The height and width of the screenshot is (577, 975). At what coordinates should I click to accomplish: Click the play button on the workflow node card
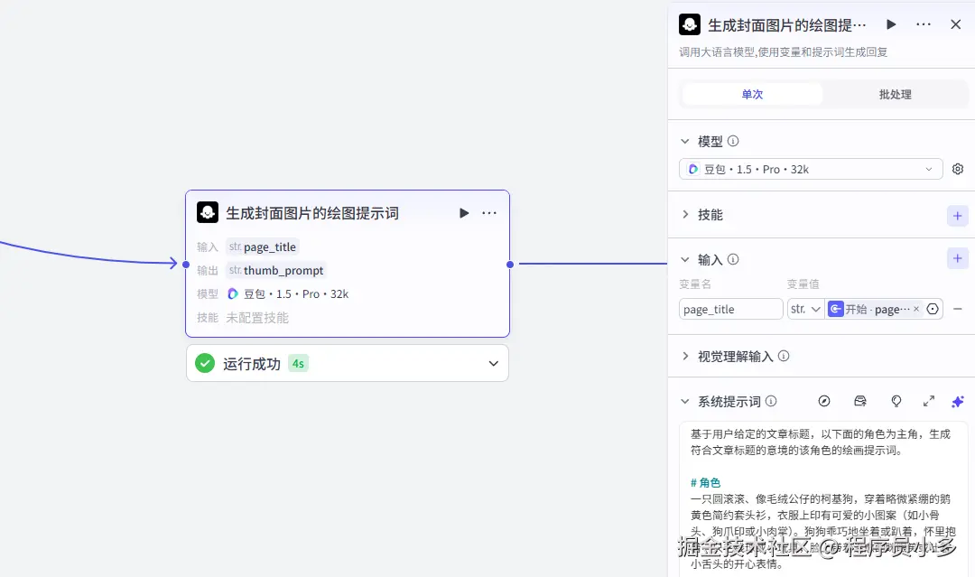(464, 213)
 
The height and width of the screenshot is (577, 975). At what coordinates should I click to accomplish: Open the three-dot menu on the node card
(489, 213)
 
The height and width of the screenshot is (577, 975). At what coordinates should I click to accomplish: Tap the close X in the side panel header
(955, 24)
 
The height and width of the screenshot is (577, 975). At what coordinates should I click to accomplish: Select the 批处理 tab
(895, 94)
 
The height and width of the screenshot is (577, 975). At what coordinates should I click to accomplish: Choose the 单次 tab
(752, 94)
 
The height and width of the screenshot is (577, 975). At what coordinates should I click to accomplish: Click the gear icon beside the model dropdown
(958, 169)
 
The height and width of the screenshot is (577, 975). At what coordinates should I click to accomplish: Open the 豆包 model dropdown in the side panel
(810, 169)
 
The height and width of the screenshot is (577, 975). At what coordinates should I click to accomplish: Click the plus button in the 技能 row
(958, 215)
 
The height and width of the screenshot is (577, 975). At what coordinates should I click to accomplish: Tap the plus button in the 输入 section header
(958, 259)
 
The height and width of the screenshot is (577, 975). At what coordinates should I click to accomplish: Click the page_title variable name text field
(730, 309)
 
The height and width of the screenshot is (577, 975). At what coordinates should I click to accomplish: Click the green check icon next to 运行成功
(205, 363)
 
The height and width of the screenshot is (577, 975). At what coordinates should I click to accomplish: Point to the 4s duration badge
(298, 363)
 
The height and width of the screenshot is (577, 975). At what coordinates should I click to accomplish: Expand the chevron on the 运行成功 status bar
(493, 363)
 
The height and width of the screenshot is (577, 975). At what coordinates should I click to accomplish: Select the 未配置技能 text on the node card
(257, 318)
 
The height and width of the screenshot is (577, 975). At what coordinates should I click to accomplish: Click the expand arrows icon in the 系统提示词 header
(928, 401)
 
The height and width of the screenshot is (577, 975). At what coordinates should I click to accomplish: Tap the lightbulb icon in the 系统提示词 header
(896, 401)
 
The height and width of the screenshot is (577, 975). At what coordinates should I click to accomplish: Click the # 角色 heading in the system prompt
(706, 482)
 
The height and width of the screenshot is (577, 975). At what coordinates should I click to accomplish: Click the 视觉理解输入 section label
(735, 357)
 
